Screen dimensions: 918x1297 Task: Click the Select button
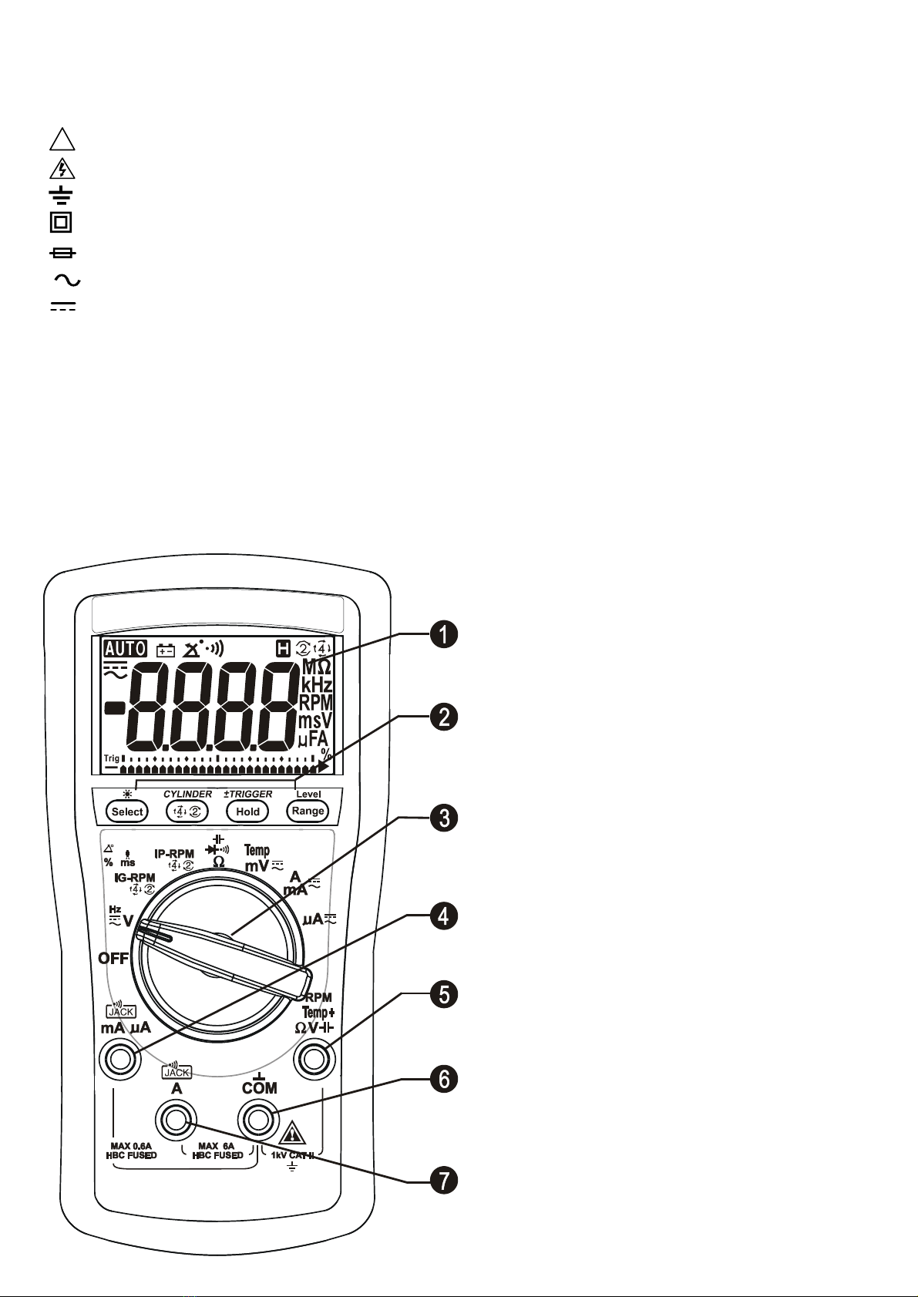point(127,811)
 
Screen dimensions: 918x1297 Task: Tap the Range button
point(308,811)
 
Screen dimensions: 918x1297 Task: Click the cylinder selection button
point(188,811)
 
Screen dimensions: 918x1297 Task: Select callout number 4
point(444,916)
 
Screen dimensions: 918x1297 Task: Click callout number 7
point(444,1180)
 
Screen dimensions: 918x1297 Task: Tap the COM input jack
point(259,1118)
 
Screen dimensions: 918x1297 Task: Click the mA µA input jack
point(120,1060)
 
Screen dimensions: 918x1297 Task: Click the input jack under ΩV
point(314,1060)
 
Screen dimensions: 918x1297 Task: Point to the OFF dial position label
point(113,959)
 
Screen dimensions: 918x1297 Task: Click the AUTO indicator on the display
point(126,649)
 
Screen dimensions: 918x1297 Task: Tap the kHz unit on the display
point(317,684)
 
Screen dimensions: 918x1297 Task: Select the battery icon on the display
point(166,650)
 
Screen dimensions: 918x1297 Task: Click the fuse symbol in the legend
point(62,253)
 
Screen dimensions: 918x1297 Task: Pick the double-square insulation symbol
point(61,223)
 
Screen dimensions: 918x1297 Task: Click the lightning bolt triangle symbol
point(62,169)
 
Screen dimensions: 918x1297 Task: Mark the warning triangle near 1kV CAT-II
point(293,1134)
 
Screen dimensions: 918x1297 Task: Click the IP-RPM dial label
point(174,854)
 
